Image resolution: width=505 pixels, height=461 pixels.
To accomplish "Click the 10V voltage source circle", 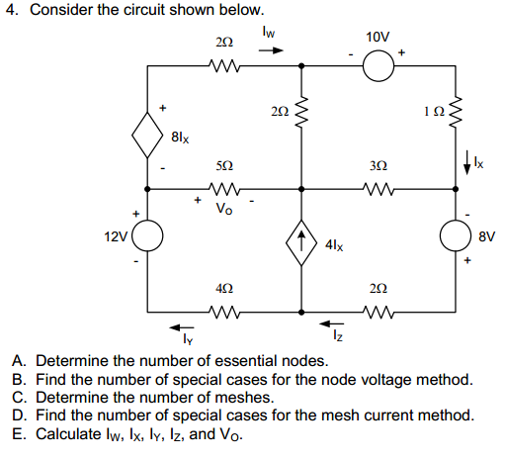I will click(378, 66).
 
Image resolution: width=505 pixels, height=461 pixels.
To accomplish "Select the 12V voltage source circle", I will click(148, 238).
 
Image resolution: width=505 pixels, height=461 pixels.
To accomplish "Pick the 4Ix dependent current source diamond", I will click(300, 239).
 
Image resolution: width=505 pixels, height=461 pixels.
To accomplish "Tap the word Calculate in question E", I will click(67, 434).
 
